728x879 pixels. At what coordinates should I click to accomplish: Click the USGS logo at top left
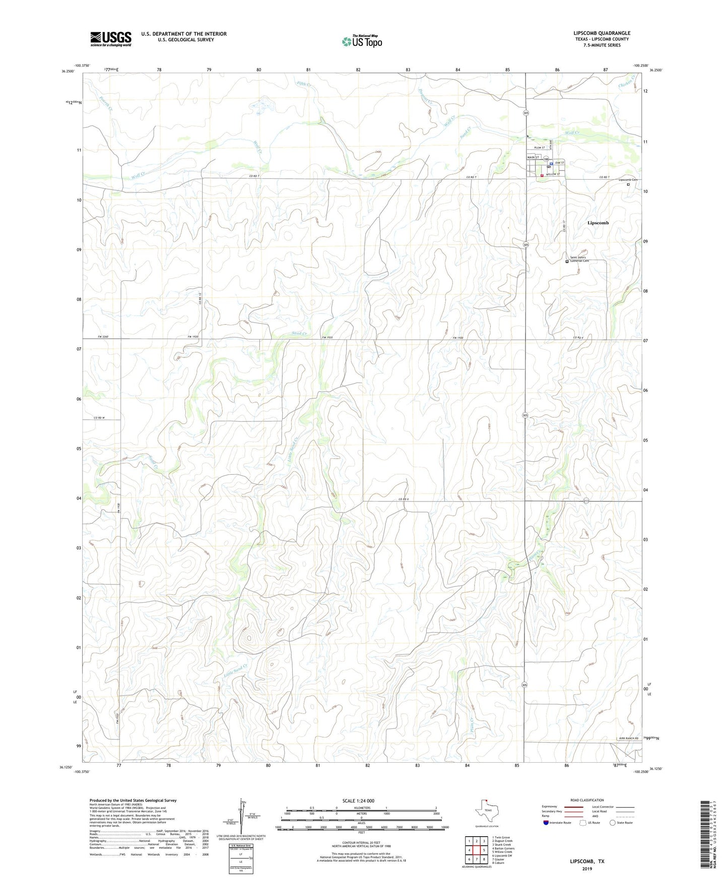click(x=111, y=39)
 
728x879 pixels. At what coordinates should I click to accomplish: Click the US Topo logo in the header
click(x=362, y=41)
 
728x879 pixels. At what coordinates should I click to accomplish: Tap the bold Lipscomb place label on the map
click(x=598, y=223)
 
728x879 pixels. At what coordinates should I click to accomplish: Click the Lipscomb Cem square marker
click(x=628, y=184)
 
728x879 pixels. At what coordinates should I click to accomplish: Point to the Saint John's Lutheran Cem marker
click(x=567, y=262)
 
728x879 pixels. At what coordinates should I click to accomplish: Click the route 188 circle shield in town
click(x=546, y=159)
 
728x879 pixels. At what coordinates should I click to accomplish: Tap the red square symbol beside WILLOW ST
click(x=542, y=175)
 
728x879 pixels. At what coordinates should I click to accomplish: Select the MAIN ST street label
click(x=533, y=158)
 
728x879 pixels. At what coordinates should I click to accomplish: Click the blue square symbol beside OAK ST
click(x=551, y=164)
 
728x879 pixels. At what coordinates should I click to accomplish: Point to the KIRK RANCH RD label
click(x=629, y=739)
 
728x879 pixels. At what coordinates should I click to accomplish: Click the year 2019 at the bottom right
click(x=587, y=869)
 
